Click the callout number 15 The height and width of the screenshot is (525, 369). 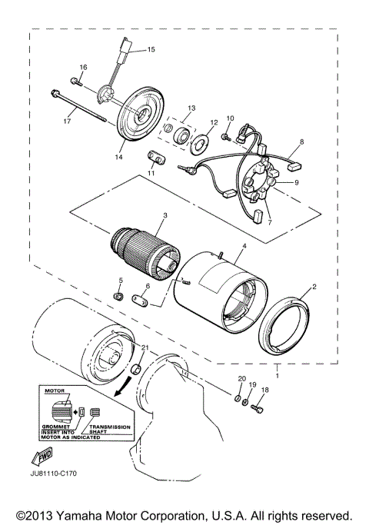coord(151,49)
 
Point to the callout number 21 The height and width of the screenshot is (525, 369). coord(144,347)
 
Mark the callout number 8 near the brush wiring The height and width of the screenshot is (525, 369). coord(301,141)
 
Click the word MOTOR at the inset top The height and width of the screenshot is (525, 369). coord(53,390)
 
